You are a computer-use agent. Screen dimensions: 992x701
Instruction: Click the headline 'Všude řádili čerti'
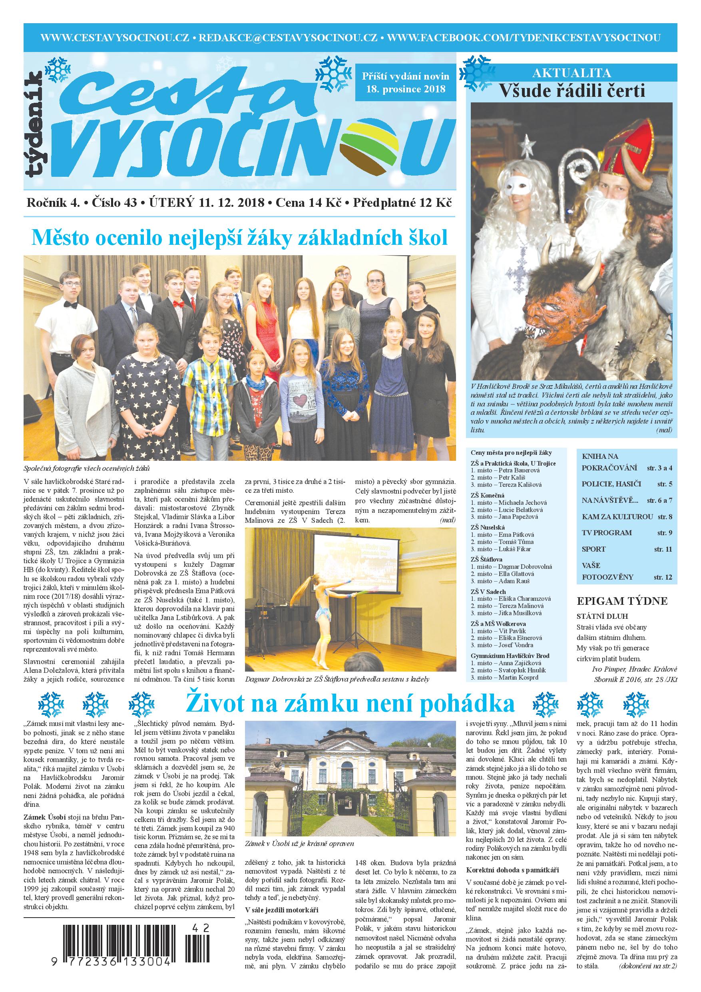coord(572,91)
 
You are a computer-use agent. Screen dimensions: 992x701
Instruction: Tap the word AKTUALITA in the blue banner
coord(572,72)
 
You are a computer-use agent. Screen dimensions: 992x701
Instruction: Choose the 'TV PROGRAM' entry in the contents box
coord(606,533)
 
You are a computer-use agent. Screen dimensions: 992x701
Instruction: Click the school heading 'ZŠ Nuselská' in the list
coord(488,527)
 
